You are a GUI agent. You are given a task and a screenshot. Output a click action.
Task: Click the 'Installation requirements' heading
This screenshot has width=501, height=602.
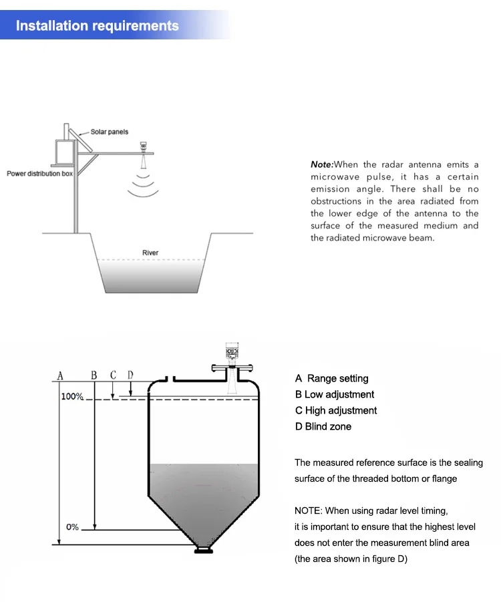pyautogui.click(x=98, y=26)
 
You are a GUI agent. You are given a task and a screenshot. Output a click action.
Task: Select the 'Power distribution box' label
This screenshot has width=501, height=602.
pyautogui.click(x=39, y=174)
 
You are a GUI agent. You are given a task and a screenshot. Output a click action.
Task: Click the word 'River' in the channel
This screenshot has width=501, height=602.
pyautogui.click(x=150, y=253)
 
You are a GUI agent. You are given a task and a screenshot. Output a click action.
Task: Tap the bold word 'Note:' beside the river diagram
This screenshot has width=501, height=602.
pyautogui.click(x=321, y=164)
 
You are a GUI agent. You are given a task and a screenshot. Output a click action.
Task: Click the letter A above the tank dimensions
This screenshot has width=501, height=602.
pyautogui.click(x=60, y=375)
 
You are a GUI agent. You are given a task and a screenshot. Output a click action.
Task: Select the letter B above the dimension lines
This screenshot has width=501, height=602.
pyautogui.click(x=94, y=375)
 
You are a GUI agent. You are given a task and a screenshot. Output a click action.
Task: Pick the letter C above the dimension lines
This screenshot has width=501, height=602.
pyautogui.click(x=113, y=375)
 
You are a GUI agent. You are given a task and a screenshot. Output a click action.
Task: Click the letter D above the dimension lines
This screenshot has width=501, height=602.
pyautogui.click(x=130, y=375)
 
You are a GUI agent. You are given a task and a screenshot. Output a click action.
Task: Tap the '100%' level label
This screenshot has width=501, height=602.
pyautogui.click(x=72, y=396)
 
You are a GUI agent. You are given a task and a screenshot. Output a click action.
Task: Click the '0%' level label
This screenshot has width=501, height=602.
pyautogui.click(x=72, y=527)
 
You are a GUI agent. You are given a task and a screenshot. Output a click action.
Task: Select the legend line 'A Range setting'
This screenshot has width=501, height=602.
pyautogui.click(x=332, y=379)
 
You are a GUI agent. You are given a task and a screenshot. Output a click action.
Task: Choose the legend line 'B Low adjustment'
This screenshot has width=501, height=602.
pyautogui.click(x=335, y=395)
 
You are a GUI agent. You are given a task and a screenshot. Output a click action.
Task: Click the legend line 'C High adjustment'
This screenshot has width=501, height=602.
pyautogui.click(x=336, y=411)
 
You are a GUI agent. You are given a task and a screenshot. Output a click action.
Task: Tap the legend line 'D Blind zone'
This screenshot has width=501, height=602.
pyautogui.click(x=323, y=427)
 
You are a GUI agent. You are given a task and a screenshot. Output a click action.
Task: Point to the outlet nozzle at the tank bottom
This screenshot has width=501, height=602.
pyautogui.click(x=203, y=550)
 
